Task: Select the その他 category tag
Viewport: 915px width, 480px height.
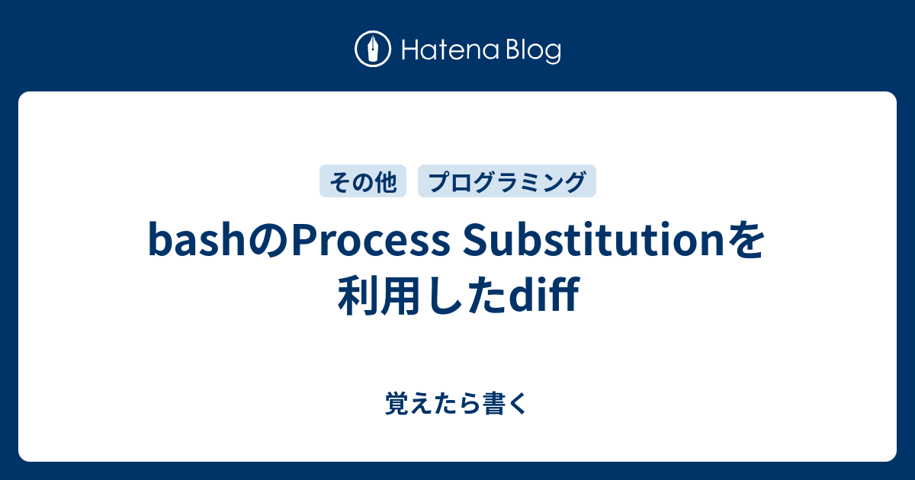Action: click(363, 182)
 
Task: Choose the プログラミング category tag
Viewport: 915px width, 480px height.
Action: click(507, 182)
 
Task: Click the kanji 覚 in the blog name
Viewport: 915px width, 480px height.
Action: click(397, 404)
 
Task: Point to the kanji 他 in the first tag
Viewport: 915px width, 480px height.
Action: click(386, 182)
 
